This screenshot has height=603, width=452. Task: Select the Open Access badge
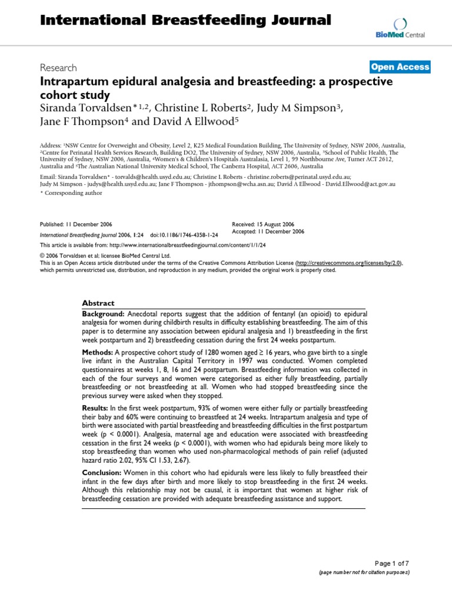(x=400, y=67)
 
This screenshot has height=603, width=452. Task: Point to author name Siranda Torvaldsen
(x=91, y=107)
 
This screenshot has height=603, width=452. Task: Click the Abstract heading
(x=98, y=303)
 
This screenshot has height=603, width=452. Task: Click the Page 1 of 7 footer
(x=391, y=563)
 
